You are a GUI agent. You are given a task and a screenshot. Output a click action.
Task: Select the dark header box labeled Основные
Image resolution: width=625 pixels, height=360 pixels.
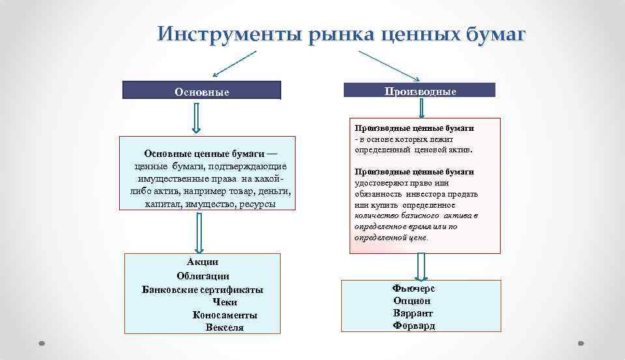202,91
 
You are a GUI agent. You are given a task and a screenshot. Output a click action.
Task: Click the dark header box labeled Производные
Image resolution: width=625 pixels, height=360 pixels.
419,90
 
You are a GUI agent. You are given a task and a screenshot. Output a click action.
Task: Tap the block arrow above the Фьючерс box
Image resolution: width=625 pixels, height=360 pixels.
421,266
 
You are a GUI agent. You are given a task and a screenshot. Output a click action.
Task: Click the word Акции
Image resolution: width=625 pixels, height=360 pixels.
202,262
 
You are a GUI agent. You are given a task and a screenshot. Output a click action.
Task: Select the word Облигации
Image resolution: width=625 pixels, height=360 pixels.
202,276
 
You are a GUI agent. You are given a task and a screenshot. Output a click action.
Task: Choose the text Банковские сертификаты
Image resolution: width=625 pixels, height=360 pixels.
202,289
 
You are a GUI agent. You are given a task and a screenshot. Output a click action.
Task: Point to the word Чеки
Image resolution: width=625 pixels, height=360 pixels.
225,302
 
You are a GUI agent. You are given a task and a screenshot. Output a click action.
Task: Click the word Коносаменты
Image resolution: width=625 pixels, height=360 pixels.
225,315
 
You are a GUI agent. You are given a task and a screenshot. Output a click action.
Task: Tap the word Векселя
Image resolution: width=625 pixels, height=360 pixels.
225,327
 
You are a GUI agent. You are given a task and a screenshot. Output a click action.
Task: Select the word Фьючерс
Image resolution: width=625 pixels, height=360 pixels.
413,288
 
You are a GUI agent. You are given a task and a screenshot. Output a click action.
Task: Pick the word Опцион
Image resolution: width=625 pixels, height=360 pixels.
412,301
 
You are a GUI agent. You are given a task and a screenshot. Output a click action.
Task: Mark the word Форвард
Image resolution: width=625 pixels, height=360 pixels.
414,325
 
